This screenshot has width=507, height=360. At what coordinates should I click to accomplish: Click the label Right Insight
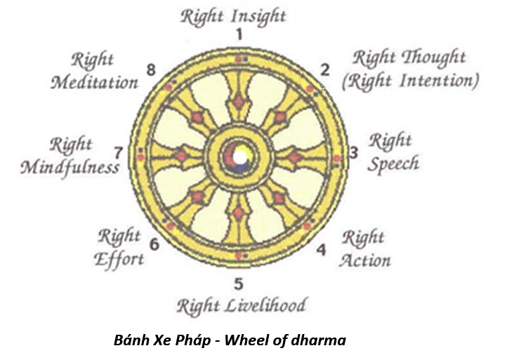pyautogui.click(x=234, y=15)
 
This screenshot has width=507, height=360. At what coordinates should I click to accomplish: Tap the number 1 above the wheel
pyautogui.click(x=239, y=34)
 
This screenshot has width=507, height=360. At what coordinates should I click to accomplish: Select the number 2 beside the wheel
pyautogui.click(x=324, y=69)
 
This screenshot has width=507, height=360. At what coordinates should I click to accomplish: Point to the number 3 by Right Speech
pyautogui.click(x=354, y=152)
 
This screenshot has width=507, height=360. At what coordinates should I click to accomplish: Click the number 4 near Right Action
pyautogui.click(x=321, y=249)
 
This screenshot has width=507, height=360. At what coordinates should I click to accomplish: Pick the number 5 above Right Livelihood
pyautogui.click(x=238, y=284)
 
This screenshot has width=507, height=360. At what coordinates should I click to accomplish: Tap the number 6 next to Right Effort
pyautogui.click(x=154, y=245)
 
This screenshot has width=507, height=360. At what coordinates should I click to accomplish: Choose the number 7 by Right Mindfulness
pyautogui.click(x=119, y=152)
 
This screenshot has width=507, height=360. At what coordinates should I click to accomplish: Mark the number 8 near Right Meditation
pyautogui.click(x=150, y=69)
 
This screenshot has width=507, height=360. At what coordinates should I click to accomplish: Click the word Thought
pyautogui.click(x=437, y=57)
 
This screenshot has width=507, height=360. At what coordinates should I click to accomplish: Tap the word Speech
pyautogui.click(x=393, y=164)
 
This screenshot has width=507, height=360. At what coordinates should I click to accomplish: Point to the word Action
pyautogui.click(x=364, y=260)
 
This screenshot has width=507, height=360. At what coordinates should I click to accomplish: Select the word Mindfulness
pyautogui.click(x=70, y=168)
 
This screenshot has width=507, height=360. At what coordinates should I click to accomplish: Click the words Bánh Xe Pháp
pyautogui.click(x=151, y=341)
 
